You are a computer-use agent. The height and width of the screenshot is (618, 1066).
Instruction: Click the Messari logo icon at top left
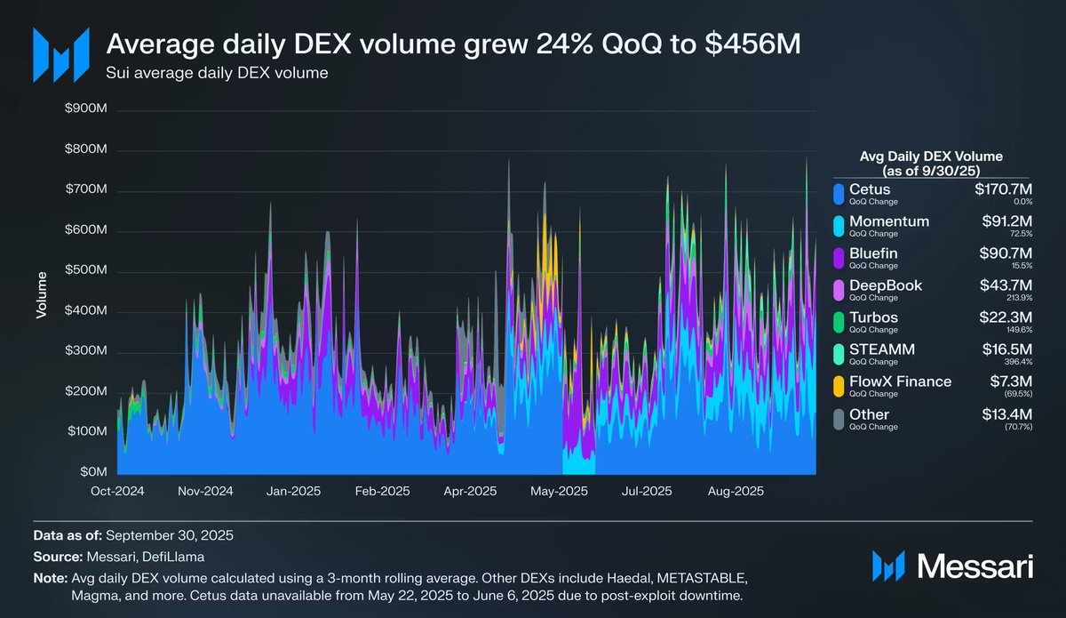pos(60,53)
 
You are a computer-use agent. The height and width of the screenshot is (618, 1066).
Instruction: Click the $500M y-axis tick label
pos(86,271)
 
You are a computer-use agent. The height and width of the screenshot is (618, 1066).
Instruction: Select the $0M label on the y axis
pos(92,471)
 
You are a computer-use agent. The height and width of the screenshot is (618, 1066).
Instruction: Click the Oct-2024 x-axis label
pos(117,490)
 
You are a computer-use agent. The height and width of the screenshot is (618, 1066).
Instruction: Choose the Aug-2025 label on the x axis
pos(733,490)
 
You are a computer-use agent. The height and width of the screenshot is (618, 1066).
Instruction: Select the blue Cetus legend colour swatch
pos(837,193)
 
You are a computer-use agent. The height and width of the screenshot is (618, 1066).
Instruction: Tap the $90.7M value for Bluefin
pos(1003,253)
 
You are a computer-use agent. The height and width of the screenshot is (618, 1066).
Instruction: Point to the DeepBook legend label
pos(886,285)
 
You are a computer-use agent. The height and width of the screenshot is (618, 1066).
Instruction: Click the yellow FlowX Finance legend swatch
pos(837,386)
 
